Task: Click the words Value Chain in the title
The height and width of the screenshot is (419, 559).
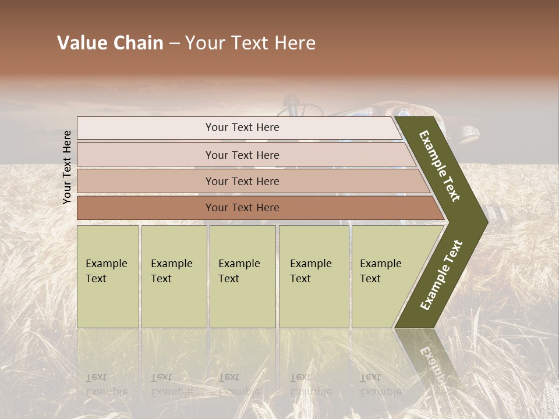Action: point(110,43)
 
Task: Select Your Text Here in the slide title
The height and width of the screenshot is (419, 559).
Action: point(250,43)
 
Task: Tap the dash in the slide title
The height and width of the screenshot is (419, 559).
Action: point(174,43)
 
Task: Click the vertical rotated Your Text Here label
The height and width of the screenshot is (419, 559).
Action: point(67,167)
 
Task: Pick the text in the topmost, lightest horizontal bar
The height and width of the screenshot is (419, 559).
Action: point(242,127)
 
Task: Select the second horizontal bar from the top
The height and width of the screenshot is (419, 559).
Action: point(242,155)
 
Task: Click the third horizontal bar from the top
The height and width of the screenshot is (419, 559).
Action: point(242,181)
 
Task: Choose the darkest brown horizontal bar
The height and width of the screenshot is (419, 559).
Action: point(242,208)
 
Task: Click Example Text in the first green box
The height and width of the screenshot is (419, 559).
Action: point(106,271)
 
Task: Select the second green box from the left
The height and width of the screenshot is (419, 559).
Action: point(174,276)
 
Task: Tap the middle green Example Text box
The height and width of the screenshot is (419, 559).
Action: point(242,276)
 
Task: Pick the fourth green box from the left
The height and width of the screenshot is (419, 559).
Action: point(313,276)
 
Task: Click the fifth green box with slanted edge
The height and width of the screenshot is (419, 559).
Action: point(384,276)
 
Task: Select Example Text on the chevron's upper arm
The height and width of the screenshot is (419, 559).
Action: point(440,166)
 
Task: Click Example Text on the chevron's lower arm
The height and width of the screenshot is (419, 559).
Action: point(441,275)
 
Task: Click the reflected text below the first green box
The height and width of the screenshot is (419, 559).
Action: point(106,384)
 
